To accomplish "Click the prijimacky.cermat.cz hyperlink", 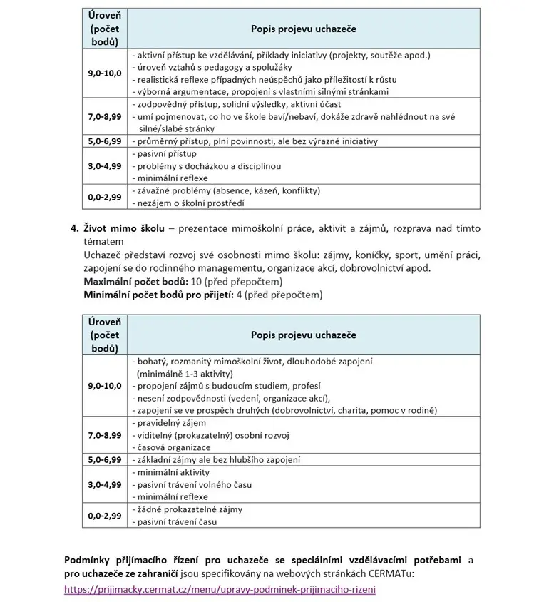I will pyautogui.click(x=219, y=590).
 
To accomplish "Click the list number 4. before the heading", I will pyautogui.click(x=74, y=228).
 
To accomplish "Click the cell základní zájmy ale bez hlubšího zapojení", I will pyautogui.click(x=217, y=459).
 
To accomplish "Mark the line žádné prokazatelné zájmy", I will pyautogui.click(x=190, y=509).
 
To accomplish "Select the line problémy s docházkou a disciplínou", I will pyautogui.click(x=207, y=166).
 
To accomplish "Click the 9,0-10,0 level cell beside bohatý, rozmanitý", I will pyautogui.click(x=105, y=385).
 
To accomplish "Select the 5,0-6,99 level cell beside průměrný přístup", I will pyautogui.click(x=105, y=141).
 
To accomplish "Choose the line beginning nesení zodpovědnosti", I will pyautogui.click(x=232, y=398).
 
